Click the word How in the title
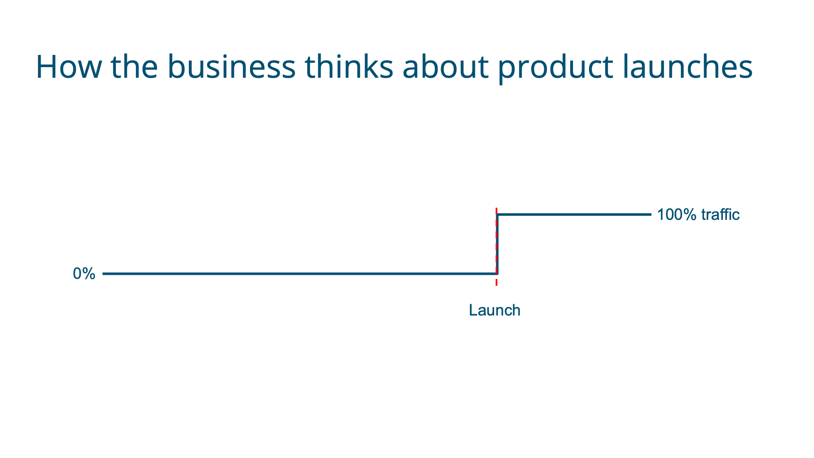[68, 67]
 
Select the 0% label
[84, 274]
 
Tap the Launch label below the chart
[495, 310]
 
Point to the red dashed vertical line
[496, 246]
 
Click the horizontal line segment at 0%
[300, 274]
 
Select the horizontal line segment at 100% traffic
[574, 214]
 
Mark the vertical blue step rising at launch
[497, 244]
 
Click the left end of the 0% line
[103, 274]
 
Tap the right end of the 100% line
[651, 214]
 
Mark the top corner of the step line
[497, 214]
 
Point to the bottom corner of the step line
[497, 274]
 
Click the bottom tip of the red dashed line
[496, 285]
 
